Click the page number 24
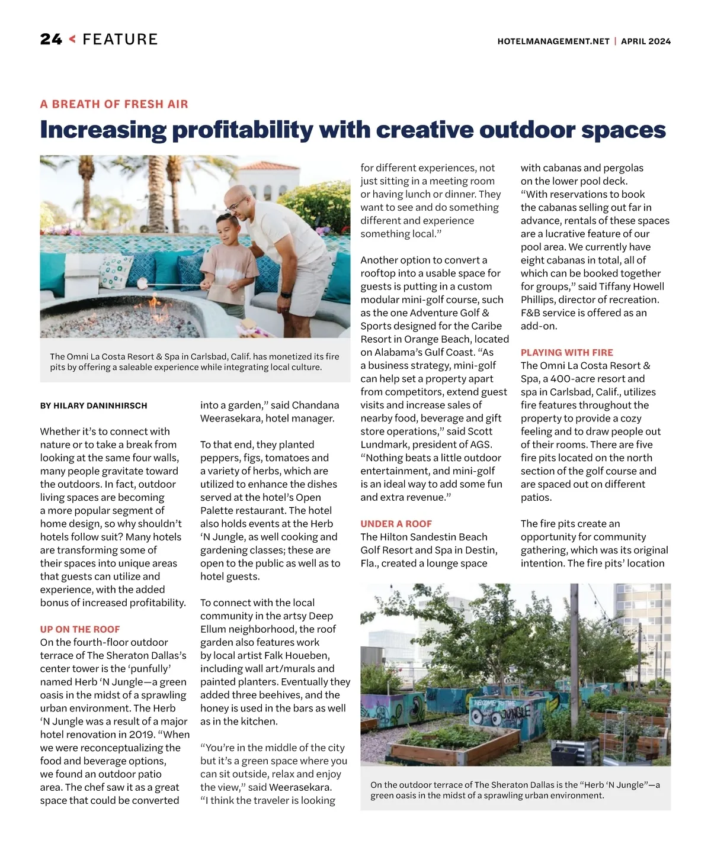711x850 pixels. (51, 40)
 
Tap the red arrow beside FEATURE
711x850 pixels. (72, 40)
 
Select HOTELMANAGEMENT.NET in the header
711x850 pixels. (553, 41)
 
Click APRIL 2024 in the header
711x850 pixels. (646, 41)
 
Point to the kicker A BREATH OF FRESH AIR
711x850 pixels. (114, 104)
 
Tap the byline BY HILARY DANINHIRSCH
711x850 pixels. (94, 406)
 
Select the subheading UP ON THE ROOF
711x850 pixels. (80, 629)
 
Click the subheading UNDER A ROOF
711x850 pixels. (396, 524)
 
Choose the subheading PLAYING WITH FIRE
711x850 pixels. (566, 352)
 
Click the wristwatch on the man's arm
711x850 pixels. (286, 294)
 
